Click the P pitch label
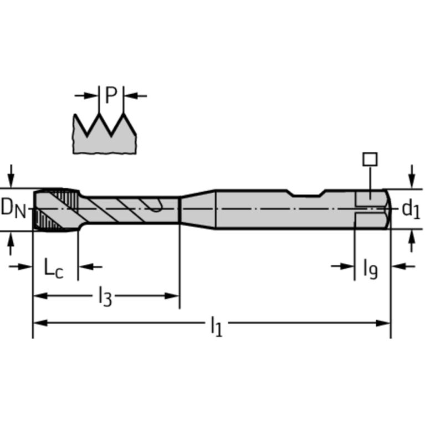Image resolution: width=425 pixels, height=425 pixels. tap(111, 96)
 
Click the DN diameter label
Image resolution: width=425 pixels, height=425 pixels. tap(13, 208)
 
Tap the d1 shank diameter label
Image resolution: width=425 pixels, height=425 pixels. tap(411, 209)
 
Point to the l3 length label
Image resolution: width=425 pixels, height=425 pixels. tap(105, 298)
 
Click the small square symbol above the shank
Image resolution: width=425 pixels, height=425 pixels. tap(370, 159)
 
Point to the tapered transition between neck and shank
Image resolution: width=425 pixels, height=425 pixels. tap(198, 209)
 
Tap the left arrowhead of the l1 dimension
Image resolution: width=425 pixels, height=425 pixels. tap(39, 322)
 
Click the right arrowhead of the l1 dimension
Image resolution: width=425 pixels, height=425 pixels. tap(385, 322)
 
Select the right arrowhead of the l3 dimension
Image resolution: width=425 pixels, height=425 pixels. tap(173, 295)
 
